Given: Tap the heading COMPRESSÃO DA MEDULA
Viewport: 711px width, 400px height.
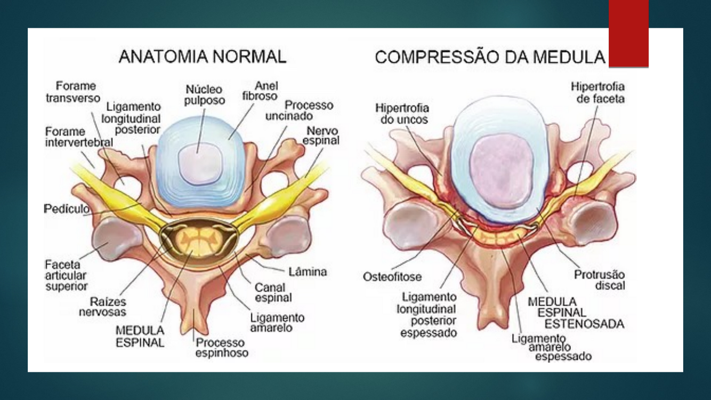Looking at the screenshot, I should coord(490,57).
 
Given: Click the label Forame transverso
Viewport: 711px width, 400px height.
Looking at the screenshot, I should coord(73,92).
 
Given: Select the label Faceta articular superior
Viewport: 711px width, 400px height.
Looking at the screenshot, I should coord(66,275).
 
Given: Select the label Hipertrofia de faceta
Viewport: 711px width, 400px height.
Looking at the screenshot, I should coord(597,93).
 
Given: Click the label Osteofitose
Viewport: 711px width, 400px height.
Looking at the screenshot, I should coord(392,277).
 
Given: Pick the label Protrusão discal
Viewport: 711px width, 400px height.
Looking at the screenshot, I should coord(600,280).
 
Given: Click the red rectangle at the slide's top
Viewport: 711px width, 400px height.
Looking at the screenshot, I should coord(628,34).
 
